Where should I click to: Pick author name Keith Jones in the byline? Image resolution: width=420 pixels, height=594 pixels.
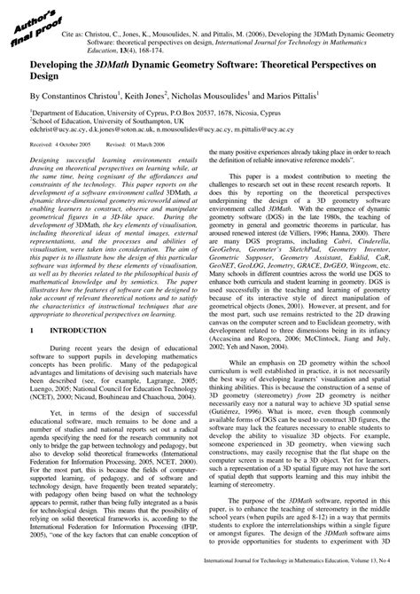click(168, 96)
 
